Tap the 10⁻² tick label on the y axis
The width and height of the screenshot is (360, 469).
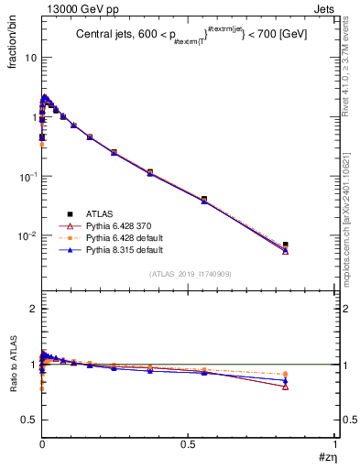pyautogui.click(x=27, y=235)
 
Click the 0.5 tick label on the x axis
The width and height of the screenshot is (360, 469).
pyautogui.click(x=189, y=444)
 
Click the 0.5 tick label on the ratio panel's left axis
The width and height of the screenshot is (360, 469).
pyautogui.click(x=29, y=420)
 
